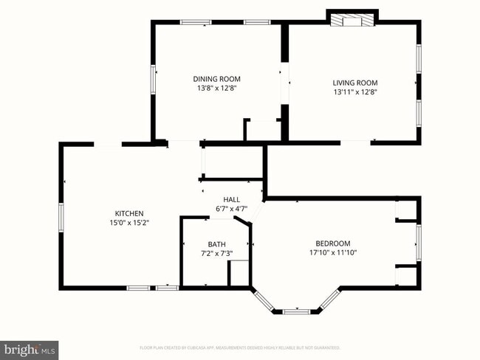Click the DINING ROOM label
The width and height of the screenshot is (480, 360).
point(216,79)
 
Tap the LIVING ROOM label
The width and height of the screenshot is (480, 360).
point(354,83)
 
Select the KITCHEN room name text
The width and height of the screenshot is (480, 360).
point(128,213)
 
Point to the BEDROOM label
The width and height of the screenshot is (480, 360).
point(332,243)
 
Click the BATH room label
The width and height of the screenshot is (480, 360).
point(216,244)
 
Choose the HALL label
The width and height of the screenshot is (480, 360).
point(232,199)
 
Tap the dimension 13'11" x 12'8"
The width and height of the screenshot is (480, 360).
point(354,92)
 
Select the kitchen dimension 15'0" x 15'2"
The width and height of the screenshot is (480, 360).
point(128,223)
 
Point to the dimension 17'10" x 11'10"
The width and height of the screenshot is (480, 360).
point(332,253)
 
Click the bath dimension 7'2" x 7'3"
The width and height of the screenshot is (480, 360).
point(216,254)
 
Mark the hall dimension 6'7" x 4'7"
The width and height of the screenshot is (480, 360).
point(232,209)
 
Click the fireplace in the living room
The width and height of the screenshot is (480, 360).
point(353,20)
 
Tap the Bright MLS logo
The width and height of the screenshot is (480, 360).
point(30,347)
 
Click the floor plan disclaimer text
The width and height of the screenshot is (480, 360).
point(239,347)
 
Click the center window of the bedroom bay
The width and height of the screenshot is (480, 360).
point(296,311)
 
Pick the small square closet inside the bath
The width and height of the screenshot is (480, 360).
point(239,273)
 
